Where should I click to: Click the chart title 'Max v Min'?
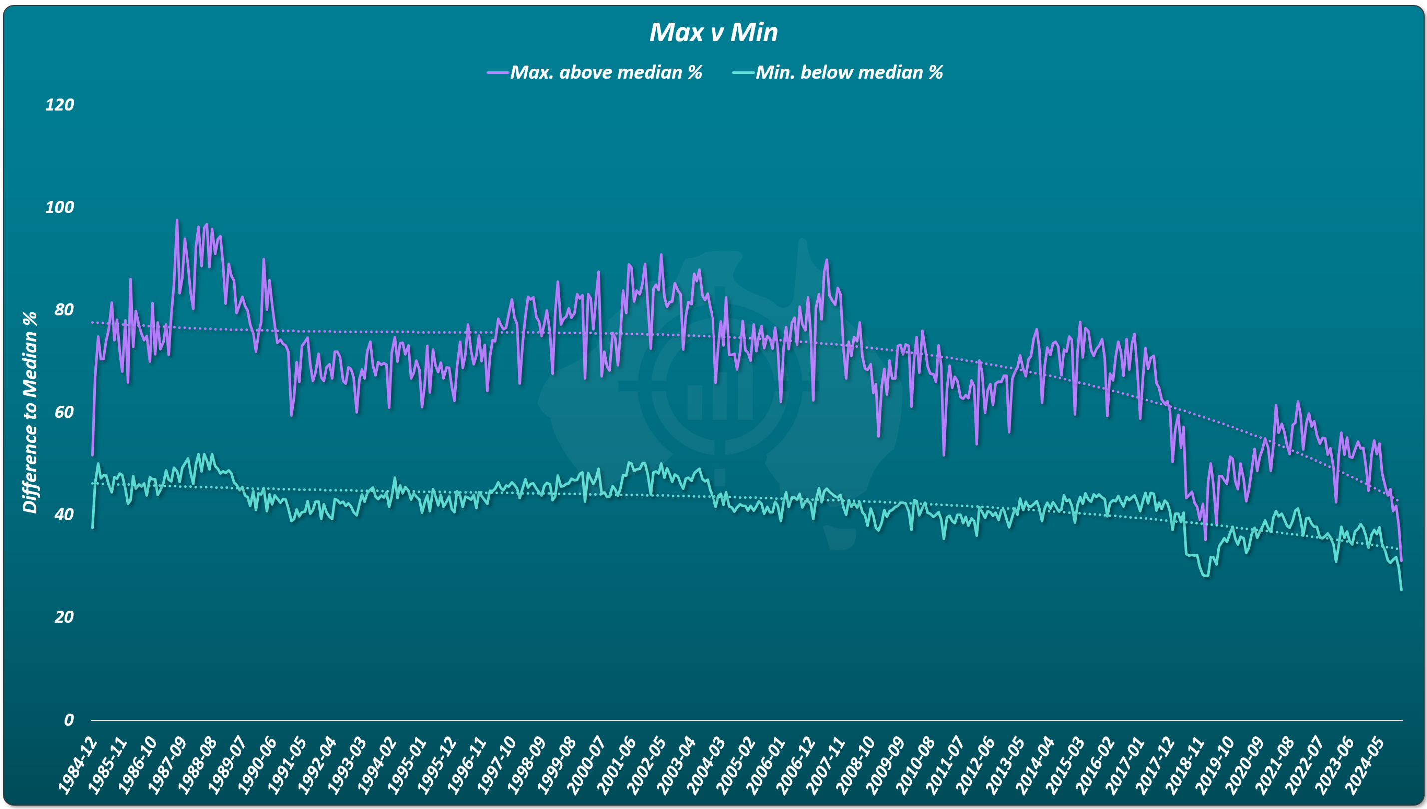[713, 32]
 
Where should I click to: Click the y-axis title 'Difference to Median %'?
[30, 412]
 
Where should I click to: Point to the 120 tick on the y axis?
[59, 105]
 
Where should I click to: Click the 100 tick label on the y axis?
[59, 207]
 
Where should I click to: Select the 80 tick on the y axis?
[64, 310]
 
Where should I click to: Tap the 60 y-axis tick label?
[64, 412]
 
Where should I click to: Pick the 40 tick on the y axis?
[64, 514]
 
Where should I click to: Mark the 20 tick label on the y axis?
[64, 617]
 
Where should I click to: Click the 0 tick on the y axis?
[69, 720]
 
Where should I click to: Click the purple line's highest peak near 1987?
[177, 220]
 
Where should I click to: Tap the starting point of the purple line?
[93, 455]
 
